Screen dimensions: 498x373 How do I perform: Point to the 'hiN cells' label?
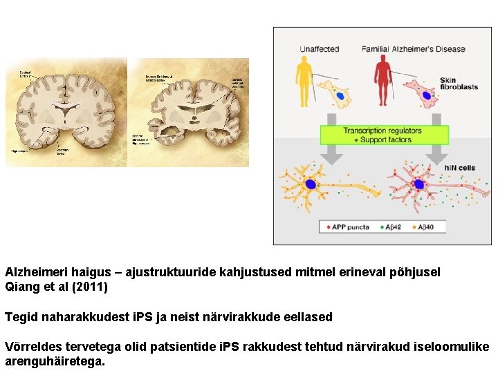[x=459, y=169]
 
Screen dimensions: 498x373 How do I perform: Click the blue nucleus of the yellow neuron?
[x=311, y=184]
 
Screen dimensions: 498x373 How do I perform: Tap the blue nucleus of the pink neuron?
[x=418, y=184]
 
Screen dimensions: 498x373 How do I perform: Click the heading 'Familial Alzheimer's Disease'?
[x=413, y=49]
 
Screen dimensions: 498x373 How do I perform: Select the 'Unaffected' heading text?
[x=320, y=49]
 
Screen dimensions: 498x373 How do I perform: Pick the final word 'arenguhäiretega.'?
[x=55, y=361]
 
